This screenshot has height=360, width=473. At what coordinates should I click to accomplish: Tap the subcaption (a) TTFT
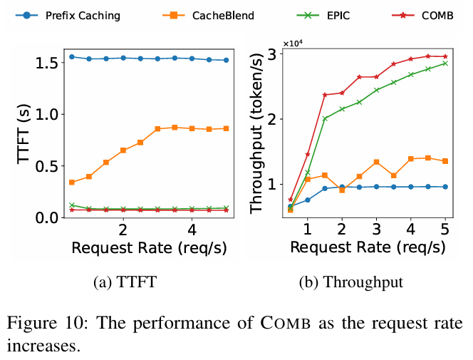pyautogui.click(x=125, y=282)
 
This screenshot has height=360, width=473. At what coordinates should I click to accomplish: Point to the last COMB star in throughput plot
pyautogui.click(x=445, y=56)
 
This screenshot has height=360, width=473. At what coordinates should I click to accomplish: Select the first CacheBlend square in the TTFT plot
pyautogui.click(x=72, y=182)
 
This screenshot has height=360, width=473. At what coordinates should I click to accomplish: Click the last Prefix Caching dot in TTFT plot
pyautogui.click(x=227, y=60)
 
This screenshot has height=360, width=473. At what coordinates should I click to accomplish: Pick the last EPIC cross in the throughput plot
pyautogui.click(x=445, y=63)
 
